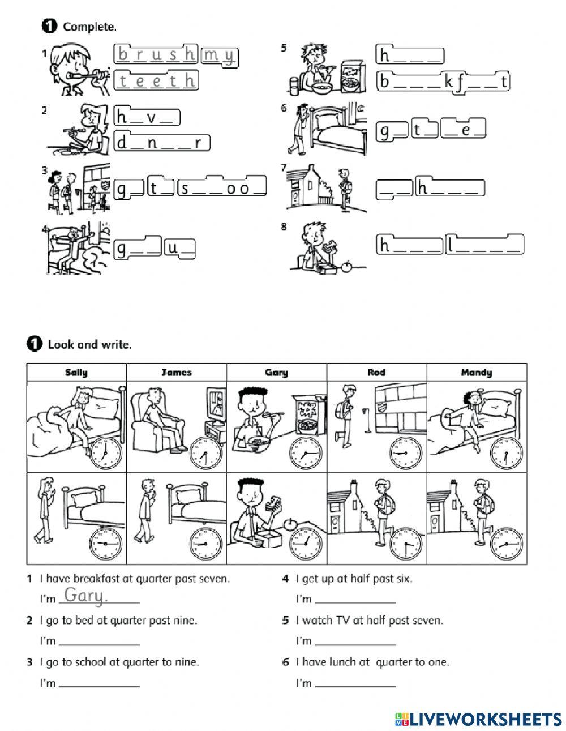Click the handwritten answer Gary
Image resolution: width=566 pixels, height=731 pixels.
[x=85, y=596]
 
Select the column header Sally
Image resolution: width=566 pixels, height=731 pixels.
[x=76, y=372]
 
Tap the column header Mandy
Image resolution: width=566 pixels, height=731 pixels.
[x=476, y=372]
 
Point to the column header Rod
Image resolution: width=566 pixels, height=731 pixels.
[x=376, y=372]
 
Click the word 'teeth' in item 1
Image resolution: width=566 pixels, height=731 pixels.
[x=157, y=80]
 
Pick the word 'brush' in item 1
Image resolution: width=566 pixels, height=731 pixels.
[x=157, y=54]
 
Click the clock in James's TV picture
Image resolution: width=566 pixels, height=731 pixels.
[x=205, y=454]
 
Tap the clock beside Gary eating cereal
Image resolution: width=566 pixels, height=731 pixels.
[x=306, y=454]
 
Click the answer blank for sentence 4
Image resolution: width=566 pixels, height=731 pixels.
[x=355, y=599]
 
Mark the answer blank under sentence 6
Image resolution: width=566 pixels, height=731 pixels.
[x=355, y=683]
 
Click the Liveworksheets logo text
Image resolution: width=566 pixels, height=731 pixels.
[x=478, y=719]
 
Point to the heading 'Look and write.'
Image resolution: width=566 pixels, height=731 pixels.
[x=89, y=344]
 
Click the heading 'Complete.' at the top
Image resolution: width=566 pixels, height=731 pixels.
[x=90, y=26]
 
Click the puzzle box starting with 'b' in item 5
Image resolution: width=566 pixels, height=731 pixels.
[x=443, y=82]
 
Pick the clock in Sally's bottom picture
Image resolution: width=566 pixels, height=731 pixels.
[x=106, y=543]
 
